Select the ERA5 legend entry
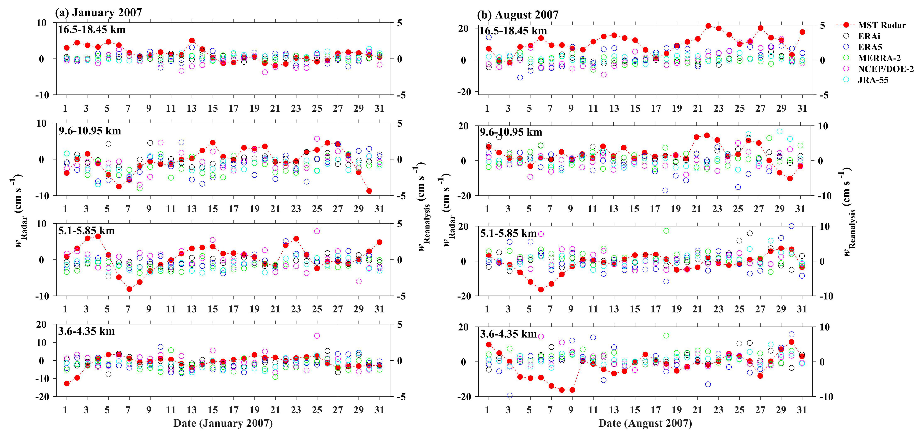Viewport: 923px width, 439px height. point(870,47)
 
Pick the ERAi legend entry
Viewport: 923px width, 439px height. point(869,36)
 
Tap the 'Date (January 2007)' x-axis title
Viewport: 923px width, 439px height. point(223,423)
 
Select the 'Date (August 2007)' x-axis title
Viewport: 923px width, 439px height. point(645,423)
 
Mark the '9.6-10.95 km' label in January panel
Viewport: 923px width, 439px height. point(90,131)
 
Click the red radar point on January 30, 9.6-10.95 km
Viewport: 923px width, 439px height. point(369,191)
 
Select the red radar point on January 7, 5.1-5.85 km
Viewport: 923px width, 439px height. point(129,289)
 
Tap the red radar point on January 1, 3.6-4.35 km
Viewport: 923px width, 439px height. point(67,383)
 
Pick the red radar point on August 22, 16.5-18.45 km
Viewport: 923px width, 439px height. point(708,26)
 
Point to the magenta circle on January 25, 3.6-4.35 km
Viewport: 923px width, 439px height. point(317,336)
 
